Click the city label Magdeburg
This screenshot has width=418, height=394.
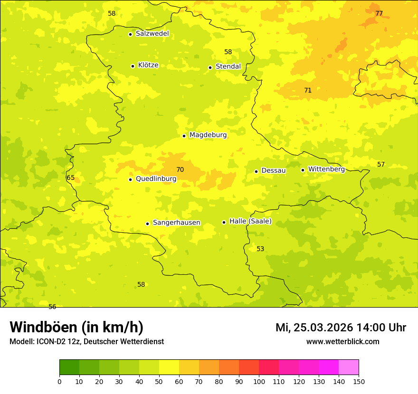(208, 135)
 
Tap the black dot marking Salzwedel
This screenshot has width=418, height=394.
(130, 34)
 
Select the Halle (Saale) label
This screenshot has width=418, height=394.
(250, 221)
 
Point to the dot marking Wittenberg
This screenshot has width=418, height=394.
(303, 170)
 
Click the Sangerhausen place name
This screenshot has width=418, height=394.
(176, 223)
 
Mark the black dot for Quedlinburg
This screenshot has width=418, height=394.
(130, 179)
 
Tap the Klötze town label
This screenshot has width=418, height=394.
(148, 65)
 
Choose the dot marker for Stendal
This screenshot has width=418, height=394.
(210, 67)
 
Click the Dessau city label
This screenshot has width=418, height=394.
(274, 170)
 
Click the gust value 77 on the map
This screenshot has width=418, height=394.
(379, 13)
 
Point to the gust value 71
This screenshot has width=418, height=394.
(308, 90)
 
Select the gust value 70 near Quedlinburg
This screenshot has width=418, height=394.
(180, 169)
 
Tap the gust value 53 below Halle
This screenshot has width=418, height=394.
(260, 249)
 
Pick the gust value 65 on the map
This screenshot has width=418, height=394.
(71, 178)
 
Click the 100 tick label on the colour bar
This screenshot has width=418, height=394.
(259, 381)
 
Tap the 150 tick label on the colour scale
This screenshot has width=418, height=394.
(359, 381)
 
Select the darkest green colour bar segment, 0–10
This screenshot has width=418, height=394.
(69, 367)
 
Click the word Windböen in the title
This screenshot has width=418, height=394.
(43, 327)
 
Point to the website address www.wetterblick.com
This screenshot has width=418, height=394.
(342, 342)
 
